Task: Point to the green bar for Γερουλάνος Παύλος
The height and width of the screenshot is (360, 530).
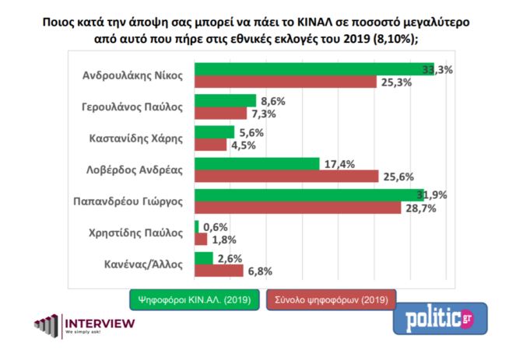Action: [224, 100]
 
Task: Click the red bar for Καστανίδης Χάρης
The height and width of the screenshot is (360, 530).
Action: [209, 145]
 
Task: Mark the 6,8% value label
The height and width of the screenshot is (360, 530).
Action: [261, 271]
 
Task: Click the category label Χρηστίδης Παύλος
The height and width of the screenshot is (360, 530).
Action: [138, 232]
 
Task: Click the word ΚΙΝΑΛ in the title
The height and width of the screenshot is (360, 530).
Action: [318, 23]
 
